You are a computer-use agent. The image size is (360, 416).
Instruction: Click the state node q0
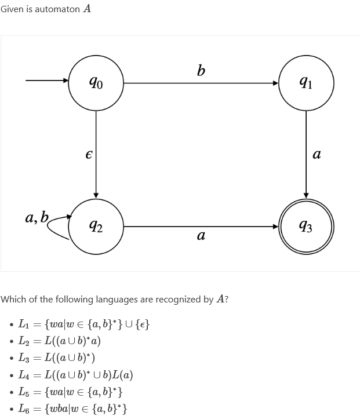coord(96,83)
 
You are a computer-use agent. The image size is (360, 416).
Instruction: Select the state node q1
coord(306,83)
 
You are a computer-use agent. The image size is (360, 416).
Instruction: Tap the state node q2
coord(96,227)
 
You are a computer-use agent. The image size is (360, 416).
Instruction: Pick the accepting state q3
coord(306,227)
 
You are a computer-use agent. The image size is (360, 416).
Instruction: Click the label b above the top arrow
coord(201,71)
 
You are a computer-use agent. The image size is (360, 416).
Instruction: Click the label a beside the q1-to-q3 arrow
coord(317,155)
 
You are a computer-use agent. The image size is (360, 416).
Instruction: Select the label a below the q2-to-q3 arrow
coord(201,236)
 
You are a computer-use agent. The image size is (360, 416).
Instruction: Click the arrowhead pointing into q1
coord(276,83)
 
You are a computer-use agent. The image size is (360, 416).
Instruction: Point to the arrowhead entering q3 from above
coord(306,195)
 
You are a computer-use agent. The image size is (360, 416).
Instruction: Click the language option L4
coord(76,375)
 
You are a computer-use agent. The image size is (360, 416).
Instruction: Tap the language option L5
coord(70,392)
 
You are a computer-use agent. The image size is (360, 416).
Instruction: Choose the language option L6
coord(73,408)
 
